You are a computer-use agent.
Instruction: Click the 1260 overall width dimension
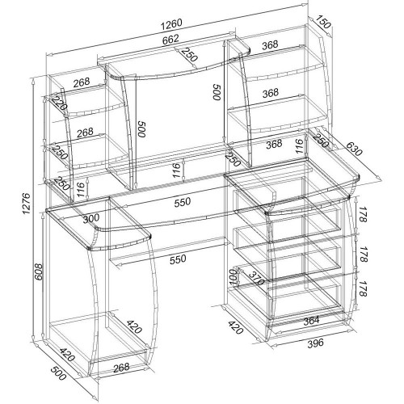coord(171,24)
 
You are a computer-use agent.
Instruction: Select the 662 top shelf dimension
coord(170,40)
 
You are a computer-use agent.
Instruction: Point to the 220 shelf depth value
coord(59,103)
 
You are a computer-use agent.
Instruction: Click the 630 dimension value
coord(354,149)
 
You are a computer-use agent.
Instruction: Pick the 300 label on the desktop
coord(91,218)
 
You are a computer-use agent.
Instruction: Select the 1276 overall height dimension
coord(27,204)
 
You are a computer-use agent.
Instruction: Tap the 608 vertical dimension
coord(39,271)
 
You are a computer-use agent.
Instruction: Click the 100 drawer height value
coord(233,277)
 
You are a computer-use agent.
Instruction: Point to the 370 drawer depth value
coord(256,278)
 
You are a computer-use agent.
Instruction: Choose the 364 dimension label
coord(311,321)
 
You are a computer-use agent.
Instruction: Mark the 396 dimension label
coord(315,343)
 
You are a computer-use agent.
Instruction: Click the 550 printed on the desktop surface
coord(183,202)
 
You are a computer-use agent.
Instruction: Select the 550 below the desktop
coord(178,259)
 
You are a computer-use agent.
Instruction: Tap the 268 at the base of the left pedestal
coord(121,368)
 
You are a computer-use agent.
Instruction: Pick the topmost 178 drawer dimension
coord(363,214)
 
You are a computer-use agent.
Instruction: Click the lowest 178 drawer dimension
coord(363,288)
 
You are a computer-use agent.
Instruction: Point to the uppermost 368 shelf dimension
coord(270,44)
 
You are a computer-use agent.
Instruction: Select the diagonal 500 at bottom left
coord(58,373)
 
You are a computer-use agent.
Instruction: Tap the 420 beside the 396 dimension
coord(236,327)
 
